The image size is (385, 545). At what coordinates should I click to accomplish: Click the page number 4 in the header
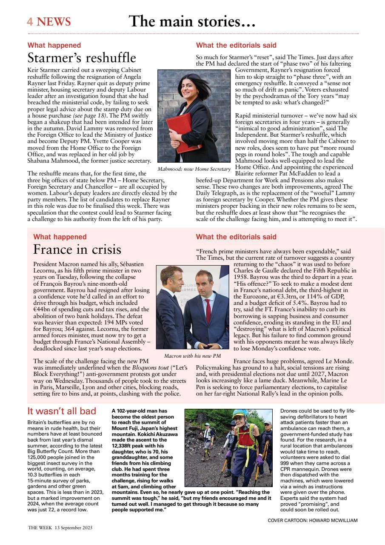click(31, 22)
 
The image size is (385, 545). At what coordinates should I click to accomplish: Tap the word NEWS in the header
click(54, 22)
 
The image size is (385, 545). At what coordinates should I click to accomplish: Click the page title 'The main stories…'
click(192, 21)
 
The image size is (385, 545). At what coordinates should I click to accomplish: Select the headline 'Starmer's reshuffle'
click(82, 57)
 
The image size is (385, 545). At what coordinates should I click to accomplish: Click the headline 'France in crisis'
click(77, 249)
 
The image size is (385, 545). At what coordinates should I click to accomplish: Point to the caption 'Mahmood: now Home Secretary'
click(194, 169)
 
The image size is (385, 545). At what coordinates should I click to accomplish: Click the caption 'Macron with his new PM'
click(192, 356)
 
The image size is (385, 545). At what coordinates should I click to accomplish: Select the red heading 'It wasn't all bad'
click(62, 411)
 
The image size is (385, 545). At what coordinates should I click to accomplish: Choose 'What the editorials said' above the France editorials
click(236, 237)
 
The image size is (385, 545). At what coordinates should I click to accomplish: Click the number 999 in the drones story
click(286, 463)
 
